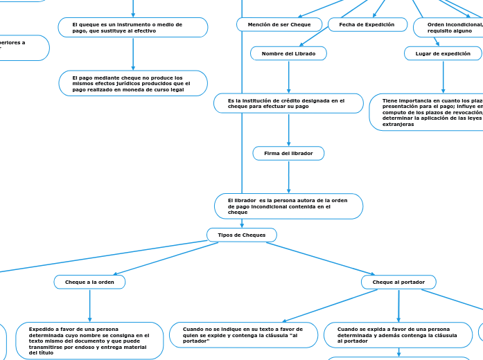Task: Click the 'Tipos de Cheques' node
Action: (x=241, y=235)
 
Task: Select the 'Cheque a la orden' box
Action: (x=89, y=282)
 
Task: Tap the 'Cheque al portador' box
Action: (x=398, y=282)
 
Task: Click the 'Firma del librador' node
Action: (x=288, y=153)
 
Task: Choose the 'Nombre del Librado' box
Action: (x=288, y=53)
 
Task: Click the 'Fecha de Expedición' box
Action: (x=367, y=25)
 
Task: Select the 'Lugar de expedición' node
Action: (x=443, y=53)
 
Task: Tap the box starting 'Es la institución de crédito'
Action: (x=288, y=103)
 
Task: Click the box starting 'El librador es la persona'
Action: (x=288, y=206)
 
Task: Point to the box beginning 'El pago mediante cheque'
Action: (x=133, y=83)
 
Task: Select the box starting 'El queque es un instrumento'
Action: (x=133, y=28)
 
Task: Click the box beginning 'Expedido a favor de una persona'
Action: (x=90, y=341)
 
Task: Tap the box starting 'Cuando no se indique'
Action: (x=243, y=334)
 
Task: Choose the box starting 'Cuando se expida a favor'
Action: (x=398, y=334)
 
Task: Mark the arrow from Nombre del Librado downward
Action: (x=288, y=77)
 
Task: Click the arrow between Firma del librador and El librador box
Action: (x=288, y=177)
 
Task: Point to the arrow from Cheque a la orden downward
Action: (x=89, y=305)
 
